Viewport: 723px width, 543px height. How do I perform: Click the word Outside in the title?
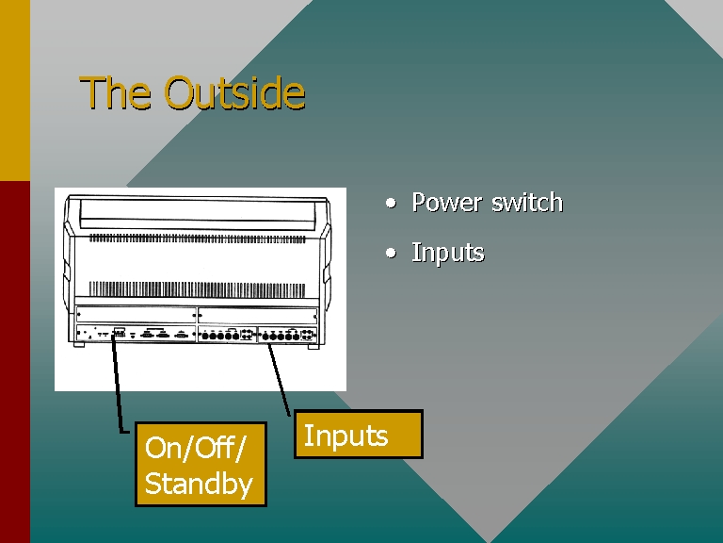pos(234,92)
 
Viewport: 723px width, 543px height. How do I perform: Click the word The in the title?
pos(115,92)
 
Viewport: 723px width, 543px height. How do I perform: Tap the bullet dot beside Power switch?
pos(391,203)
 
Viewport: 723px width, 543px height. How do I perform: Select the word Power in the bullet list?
pos(447,203)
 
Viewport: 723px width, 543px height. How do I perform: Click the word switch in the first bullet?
pos(527,203)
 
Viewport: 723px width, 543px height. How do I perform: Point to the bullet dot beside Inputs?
pos(391,253)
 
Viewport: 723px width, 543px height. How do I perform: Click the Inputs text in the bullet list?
pos(448,253)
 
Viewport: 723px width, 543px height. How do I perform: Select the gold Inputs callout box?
pos(359,434)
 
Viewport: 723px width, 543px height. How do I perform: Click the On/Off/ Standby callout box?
pos(201,464)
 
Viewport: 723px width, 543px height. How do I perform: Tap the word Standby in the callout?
pos(199,484)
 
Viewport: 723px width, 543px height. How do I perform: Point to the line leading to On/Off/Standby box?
pos(118,385)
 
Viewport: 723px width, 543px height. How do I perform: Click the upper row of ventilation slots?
pos(197,239)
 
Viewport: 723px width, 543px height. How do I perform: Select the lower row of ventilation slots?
pos(197,289)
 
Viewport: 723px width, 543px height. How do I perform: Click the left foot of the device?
pos(79,344)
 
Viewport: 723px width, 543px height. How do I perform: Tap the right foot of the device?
pos(313,346)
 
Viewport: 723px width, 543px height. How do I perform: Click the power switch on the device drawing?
pos(119,332)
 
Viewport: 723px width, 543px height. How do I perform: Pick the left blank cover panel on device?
pos(136,315)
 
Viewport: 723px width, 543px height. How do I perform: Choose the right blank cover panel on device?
pos(257,316)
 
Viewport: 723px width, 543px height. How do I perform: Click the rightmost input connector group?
pos(288,335)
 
